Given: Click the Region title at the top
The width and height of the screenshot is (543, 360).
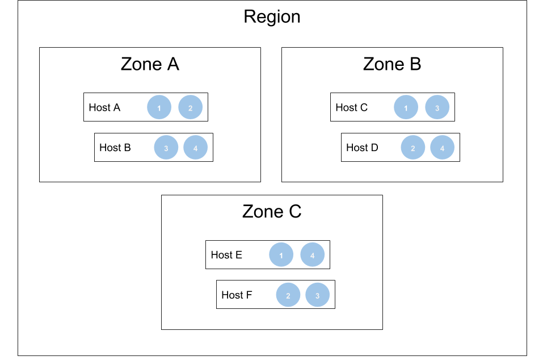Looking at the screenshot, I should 272,16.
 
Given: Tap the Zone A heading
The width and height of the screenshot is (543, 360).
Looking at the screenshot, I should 150,64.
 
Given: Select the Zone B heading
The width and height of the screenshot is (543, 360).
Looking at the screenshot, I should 392,64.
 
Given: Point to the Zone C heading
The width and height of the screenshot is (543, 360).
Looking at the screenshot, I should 272,212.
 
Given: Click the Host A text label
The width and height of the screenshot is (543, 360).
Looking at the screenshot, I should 104,107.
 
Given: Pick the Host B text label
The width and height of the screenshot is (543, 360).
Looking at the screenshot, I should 115,148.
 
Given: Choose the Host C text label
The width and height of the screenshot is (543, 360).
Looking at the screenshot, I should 351,107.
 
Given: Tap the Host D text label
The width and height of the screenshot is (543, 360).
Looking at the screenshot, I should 362,148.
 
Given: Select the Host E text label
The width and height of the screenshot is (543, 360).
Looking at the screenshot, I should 226,255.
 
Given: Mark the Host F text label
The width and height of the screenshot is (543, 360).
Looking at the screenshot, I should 237,295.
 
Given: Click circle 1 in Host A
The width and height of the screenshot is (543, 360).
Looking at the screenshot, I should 159,107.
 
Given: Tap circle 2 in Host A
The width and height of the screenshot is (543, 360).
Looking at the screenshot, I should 191,107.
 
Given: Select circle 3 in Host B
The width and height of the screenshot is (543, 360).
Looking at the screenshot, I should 166,148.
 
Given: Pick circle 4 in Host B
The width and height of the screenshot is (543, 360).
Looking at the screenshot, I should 196,148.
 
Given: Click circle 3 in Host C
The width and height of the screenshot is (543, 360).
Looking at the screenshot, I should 437,107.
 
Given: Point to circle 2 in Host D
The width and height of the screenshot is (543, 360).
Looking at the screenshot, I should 413,148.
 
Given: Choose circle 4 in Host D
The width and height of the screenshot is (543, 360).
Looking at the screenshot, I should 443,148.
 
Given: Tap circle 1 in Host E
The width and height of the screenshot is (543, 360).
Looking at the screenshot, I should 281,255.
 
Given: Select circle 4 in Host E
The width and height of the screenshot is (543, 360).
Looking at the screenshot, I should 313,255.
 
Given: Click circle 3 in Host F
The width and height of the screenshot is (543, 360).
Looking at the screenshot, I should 318,295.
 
